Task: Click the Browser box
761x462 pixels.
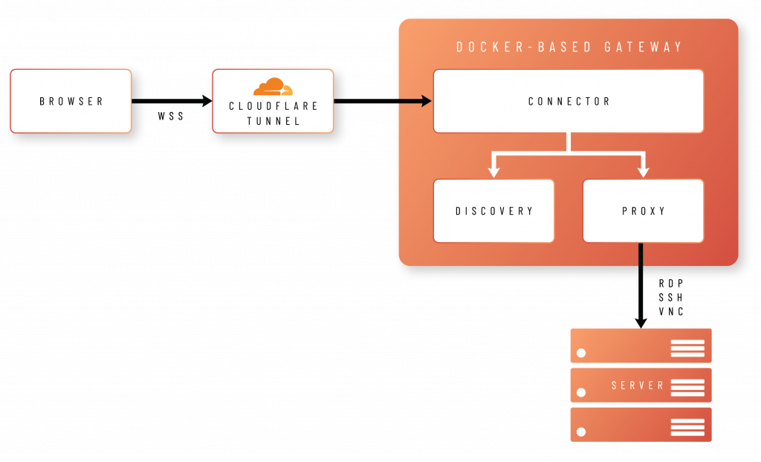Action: pyautogui.click(x=71, y=101)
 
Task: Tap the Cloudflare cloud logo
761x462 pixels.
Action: pyautogui.click(x=273, y=87)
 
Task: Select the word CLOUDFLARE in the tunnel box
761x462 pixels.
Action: pyautogui.click(x=273, y=106)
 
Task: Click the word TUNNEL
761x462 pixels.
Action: pyautogui.click(x=273, y=121)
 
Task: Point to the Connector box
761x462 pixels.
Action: pyautogui.click(x=569, y=101)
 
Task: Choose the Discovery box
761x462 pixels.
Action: pyautogui.click(x=494, y=211)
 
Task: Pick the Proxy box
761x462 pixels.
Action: pyautogui.click(x=644, y=211)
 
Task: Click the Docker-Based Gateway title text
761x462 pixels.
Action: pyautogui.click(x=569, y=48)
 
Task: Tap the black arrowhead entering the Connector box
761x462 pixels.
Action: pyautogui.click(x=426, y=101)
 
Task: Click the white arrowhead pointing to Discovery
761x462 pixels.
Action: pyautogui.click(x=494, y=172)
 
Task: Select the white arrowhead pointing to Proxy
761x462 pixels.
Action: pyautogui.click(x=644, y=172)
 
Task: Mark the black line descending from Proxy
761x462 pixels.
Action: pyautogui.click(x=641, y=282)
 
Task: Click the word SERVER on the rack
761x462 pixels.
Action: pyautogui.click(x=638, y=385)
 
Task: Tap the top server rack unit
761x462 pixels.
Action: pyautogui.click(x=641, y=346)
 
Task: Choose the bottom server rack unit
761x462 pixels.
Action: pyautogui.click(x=641, y=424)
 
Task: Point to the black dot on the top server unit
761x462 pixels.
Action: pyautogui.click(x=581, y=354)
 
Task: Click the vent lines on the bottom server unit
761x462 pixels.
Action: pyautogui.click(x=687, y=426)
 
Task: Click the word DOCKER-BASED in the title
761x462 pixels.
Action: pyautogui.click(x=525, y=48)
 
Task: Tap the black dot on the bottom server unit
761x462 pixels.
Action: pyautogui.click(x=581, y=432)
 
